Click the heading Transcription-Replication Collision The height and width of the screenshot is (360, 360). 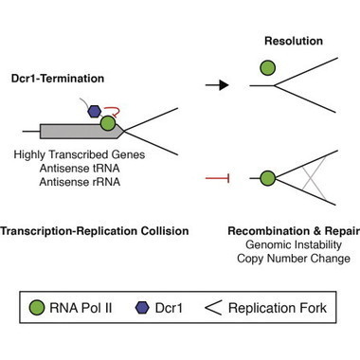[94, 228]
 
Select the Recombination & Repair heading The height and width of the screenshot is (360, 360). [291, 228]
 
